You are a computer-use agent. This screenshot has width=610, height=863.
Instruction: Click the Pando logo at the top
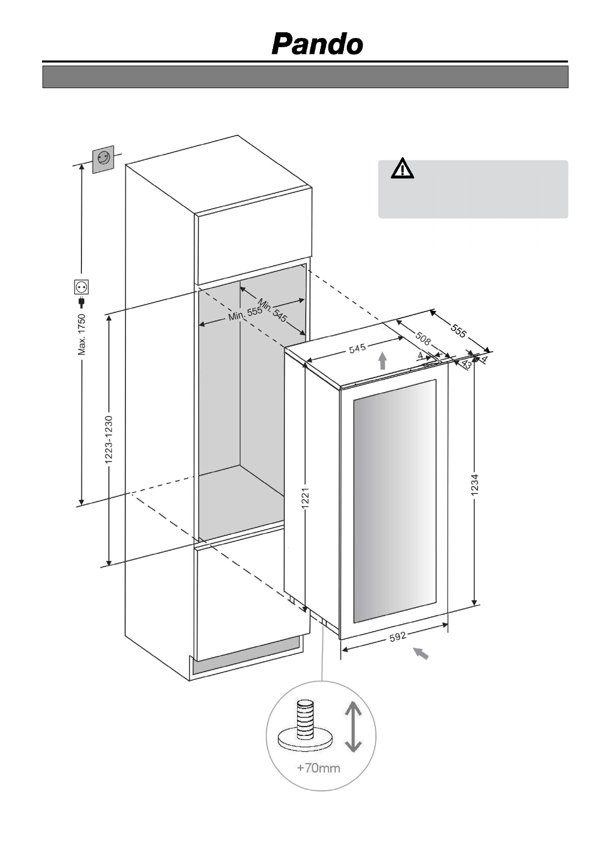317,44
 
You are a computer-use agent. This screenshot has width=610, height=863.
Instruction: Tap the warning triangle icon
402,169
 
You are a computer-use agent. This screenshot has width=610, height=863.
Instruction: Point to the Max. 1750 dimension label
81,335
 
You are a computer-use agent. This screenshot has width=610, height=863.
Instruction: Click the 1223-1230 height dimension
109,440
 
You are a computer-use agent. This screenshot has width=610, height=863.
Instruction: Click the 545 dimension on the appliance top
357,348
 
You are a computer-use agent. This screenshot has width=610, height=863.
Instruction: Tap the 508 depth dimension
423,338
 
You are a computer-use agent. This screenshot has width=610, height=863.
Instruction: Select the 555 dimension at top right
458,332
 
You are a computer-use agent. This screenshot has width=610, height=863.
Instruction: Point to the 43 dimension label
466,364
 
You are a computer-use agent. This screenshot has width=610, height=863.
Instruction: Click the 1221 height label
305,497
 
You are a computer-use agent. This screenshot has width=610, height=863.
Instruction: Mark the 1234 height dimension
475,485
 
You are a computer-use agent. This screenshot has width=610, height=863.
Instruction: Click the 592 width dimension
397,636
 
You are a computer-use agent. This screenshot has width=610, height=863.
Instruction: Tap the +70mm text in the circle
319,768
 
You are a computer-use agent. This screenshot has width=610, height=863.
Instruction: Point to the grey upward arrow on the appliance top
382,360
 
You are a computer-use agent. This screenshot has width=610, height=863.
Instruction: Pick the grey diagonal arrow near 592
421,653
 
